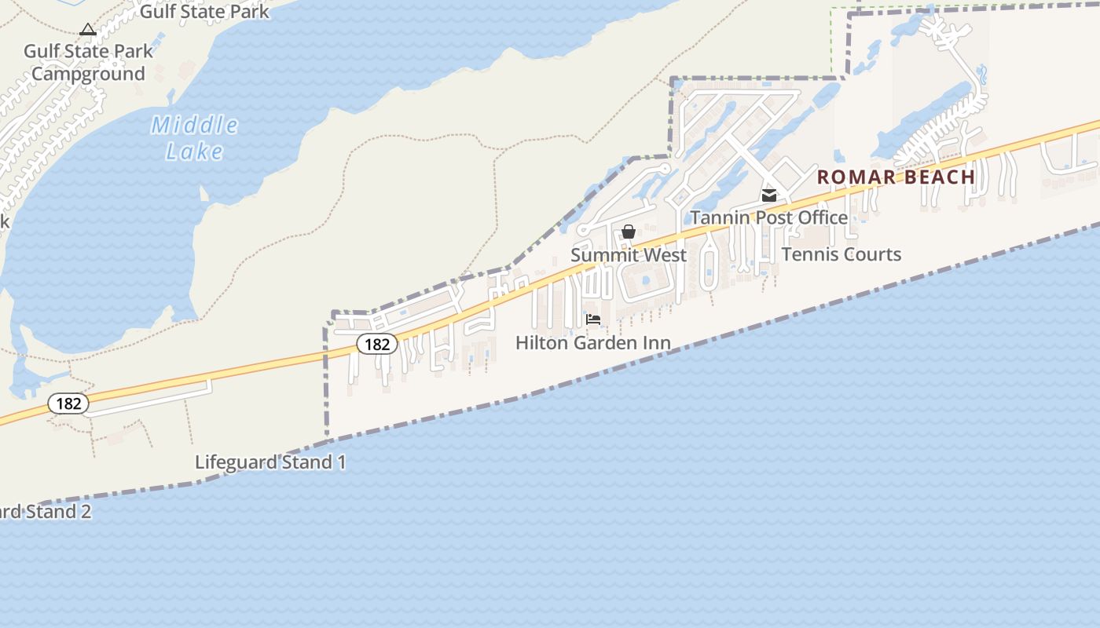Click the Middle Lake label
[x=194, y=137]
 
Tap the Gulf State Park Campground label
[x=88, y=63]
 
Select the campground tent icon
[x=88, y=30]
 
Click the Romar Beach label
[x=896, y=177]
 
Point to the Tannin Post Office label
[x=768, y=217]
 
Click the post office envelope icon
[x=768, y=195]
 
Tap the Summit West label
[x=628, y=255]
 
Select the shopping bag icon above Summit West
[x=628, y=232]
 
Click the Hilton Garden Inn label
[x=592, y=343]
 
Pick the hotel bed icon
[x=593, y=319]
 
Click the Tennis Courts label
[x=841, y=254]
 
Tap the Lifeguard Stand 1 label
[x=269, y=462]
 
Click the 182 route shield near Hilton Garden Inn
[x=377, y=344]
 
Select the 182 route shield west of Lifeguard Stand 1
[x=68, y=403]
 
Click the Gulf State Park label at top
[x=204, y=11]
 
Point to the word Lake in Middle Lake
[x=194, y=151]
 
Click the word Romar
[x=854, y=177]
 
